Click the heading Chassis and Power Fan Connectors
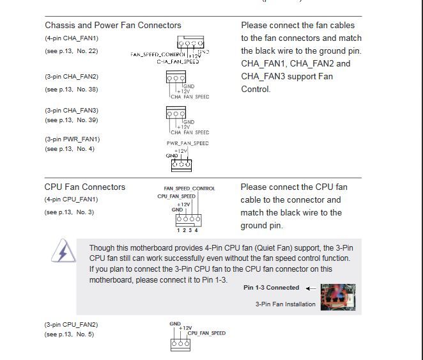112,26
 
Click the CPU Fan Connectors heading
85,187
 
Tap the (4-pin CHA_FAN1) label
72,38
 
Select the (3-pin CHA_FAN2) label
72,77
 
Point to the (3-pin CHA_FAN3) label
72,111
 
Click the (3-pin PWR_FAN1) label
72,139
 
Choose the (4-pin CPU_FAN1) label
71,200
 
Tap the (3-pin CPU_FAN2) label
71,325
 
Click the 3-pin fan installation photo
337,297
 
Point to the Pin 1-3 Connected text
271,288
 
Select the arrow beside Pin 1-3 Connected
311,288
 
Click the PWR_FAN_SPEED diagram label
188,143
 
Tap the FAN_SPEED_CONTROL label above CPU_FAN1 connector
189,189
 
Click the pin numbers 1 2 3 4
188,230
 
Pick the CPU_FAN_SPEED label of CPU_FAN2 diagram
206,333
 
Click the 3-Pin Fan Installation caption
285,304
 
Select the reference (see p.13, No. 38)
71,90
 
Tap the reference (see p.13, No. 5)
69,334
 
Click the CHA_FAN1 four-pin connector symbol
190,44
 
